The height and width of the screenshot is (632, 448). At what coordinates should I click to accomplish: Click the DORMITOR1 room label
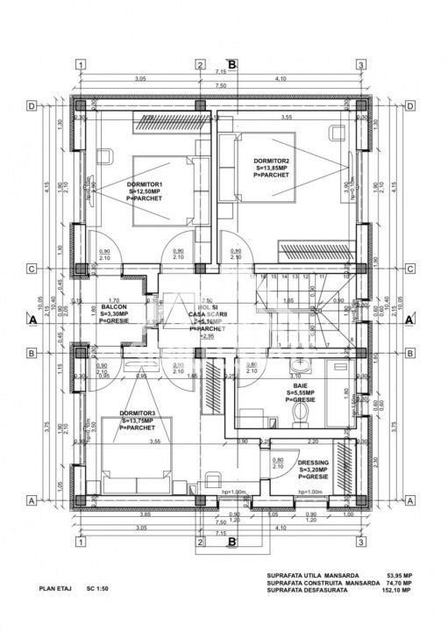point(145,183)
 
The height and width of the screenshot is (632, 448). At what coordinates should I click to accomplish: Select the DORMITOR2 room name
point(271,161)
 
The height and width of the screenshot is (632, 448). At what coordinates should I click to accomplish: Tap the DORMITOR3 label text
point(139,413)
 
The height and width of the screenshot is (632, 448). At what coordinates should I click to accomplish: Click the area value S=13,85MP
point(272,168)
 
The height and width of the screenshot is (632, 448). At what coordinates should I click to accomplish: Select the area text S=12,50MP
point(146,190)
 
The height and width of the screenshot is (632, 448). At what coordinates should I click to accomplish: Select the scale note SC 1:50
point(96,592)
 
